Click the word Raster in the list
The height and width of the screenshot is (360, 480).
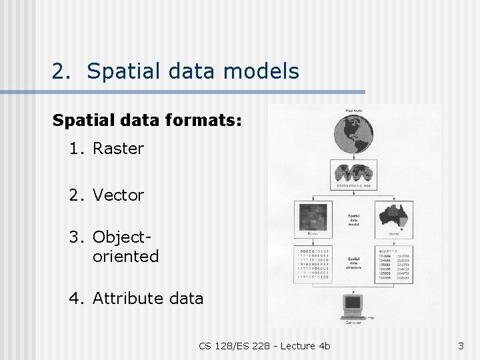click(x=118, y=149)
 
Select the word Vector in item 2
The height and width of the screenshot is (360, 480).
click(x=118, y=195)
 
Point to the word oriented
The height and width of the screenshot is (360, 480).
click(x=126, y=256)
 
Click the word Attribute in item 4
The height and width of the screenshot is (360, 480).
click(x=125, y=298)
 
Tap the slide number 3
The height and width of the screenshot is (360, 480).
click(x=461, y=345)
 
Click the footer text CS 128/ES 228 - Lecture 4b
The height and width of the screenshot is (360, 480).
click(x=264, y=345)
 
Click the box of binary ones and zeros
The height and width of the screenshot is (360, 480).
click(x=313, y=265)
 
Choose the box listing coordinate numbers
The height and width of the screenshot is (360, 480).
click(x=395, y=265)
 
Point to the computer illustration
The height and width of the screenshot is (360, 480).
click(x=353, y=306)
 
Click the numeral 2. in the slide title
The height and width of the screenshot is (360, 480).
click(x=62, y=71)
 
